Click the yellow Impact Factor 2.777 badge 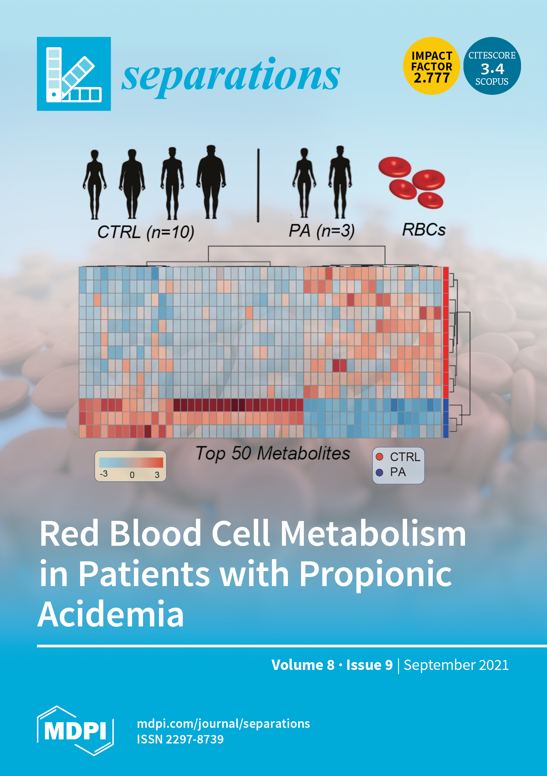click(432, 66)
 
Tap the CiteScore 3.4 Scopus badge click(492, 66)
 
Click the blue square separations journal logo click(74, 74)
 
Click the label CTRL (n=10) click(146, 232)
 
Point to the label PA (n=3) click(321, 231)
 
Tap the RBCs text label click(424, 230)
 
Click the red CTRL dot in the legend click(379, 457)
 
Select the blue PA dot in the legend click(379, 472)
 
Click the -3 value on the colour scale click(104, 474)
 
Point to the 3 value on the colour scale click(157, 475)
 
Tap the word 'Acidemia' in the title click(111, 614)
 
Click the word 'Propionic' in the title click(376, 574)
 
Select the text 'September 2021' click(456, 665)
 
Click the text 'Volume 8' click(303, 665)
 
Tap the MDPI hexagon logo click(75, 731)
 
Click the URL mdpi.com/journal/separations click(223, 724)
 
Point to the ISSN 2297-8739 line click(180, 739)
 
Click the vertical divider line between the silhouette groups click(258, 185)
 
